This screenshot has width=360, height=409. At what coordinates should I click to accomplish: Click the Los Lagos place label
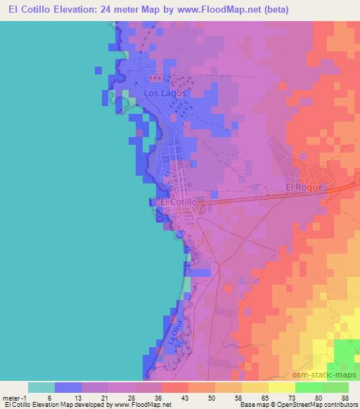[x=165, y=93]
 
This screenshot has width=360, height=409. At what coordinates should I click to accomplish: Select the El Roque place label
[x=304, y=188]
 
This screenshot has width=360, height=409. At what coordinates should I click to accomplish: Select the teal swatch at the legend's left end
[x=41, y=387]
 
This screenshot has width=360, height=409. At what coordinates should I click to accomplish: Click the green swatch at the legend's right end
[x=335, y=387]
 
